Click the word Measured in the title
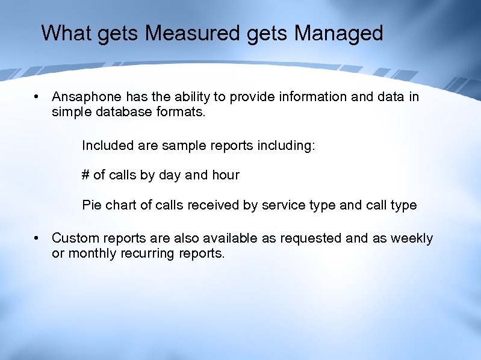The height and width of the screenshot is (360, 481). tap(193, 33)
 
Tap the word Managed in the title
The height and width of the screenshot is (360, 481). tap(339, 33)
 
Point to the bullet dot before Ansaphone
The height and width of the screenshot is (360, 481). tap(37, 97)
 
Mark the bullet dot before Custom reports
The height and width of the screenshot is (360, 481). tap(37, 238)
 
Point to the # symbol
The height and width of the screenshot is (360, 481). tap(85, 175)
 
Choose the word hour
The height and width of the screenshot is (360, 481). tap(225, 175)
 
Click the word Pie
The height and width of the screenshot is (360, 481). tap(92, 205)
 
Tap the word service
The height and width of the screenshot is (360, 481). tap(283, 205)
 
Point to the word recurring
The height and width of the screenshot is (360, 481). tap(149, 253)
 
